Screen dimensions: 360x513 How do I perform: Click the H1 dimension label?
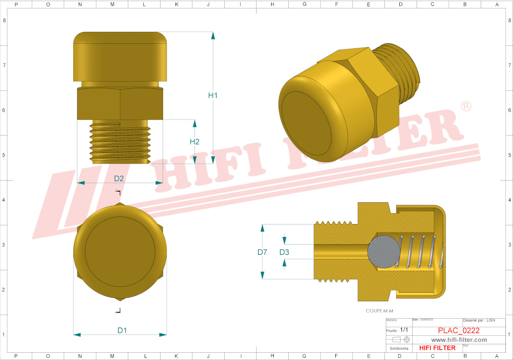click(x=213, y=96)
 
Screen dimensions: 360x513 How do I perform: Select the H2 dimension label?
click(x=194, y=142)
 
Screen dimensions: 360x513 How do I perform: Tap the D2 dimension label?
click(x=119, y=179)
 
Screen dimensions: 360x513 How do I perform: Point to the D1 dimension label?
click(x=122, y=330)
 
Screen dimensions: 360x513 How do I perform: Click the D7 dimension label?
click(x=262, y=252)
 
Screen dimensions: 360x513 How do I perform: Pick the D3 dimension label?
click(x=284, y=252)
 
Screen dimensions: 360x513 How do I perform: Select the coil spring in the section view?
click(x=418, y=252)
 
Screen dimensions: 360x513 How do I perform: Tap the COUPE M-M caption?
click(x=379, y=311)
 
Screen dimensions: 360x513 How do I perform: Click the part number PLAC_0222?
click(x=458, y=331)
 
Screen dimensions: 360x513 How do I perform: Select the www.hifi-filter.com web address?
click(x=459, y=340)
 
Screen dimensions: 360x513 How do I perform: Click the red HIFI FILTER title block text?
click(x=437, y=348)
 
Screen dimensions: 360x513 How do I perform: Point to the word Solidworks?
click(x=399, y=348)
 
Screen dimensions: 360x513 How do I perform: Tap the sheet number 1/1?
click(x=404, y=330)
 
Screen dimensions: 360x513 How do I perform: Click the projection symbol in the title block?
click(x=401, y=339)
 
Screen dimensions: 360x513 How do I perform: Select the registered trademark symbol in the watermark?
click(x=466, y=107)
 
